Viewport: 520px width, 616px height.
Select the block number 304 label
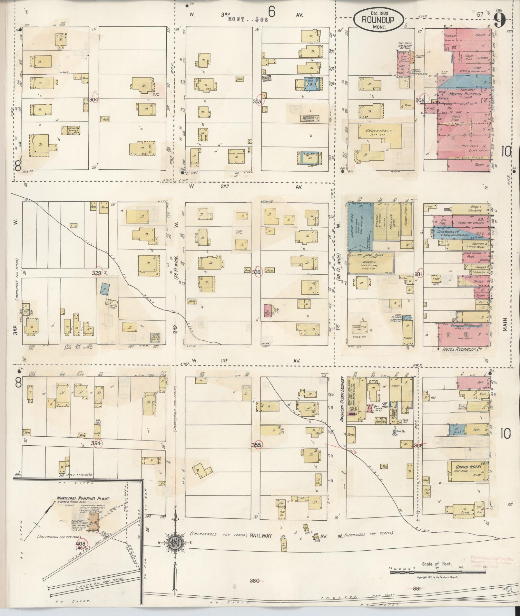click(93, 100)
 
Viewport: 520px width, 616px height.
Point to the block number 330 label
click(257, 272)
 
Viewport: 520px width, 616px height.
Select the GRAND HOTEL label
click(468, 467)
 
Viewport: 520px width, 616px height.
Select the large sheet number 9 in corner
click(499, 22)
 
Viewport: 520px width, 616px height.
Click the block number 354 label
click(95, 443)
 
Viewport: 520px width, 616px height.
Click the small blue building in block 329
click(104, 289)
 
